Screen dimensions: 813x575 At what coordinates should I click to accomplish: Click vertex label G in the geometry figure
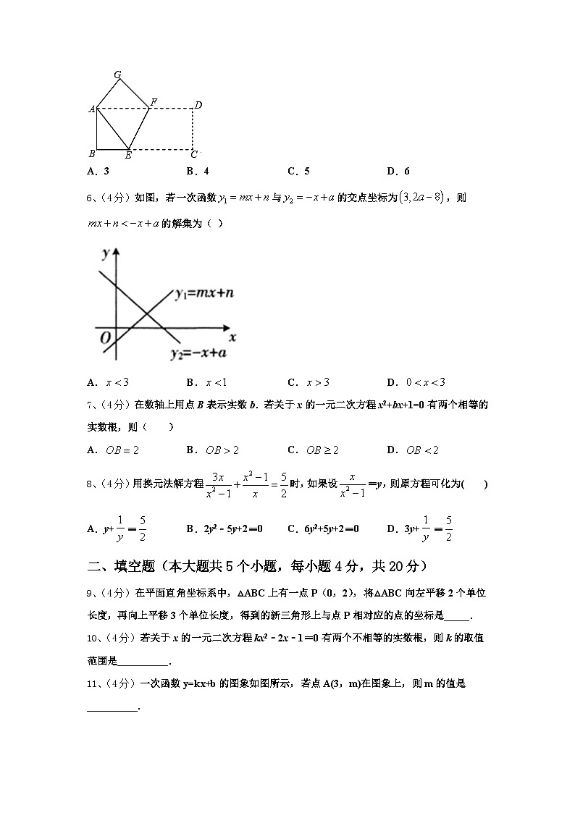117,75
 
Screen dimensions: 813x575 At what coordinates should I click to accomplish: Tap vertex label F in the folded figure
154,101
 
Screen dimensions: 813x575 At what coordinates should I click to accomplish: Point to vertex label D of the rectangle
198,106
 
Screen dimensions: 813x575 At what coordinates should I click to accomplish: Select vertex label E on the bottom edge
128,154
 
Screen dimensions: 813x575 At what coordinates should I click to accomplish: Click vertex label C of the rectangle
193,153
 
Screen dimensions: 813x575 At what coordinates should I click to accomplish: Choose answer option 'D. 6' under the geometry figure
398,172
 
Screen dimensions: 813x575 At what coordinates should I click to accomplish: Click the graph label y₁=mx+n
203,293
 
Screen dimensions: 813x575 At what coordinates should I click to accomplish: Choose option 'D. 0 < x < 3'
416,382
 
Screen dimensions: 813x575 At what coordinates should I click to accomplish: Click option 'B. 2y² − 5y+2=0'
224,529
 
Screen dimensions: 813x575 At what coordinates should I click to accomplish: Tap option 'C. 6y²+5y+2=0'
323,529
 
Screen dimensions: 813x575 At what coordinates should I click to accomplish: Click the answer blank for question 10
142,661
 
